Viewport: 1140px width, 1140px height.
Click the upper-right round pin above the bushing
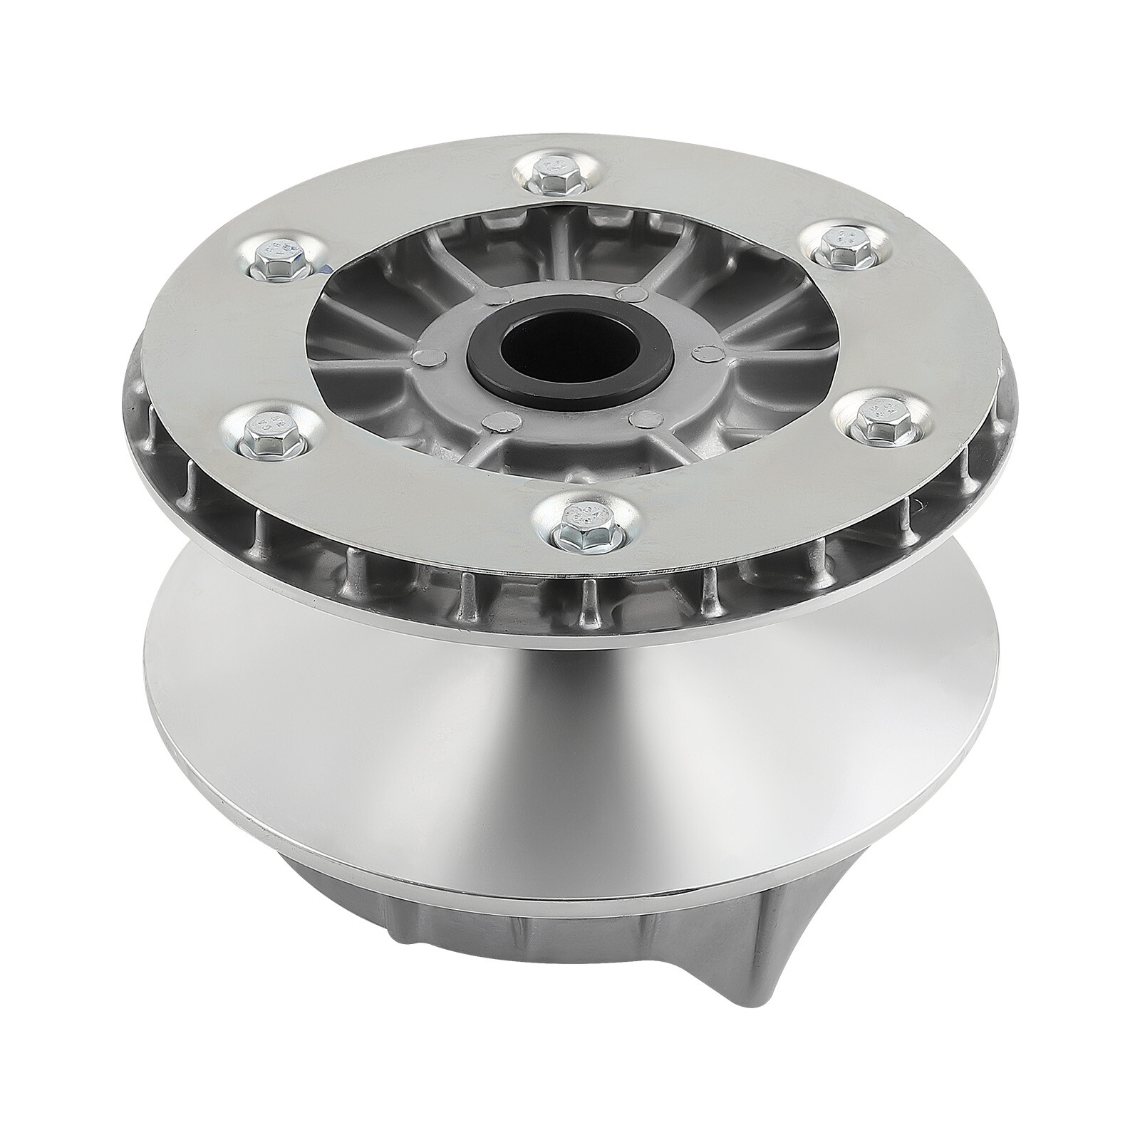(626, 292)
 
